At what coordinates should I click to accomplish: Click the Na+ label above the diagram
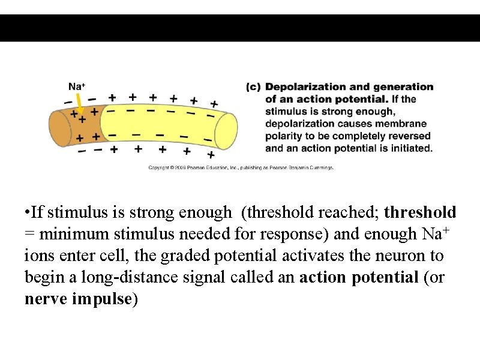click(76, 86)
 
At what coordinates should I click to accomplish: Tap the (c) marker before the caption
click(253, 87)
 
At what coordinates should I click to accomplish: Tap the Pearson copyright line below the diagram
click(241, 167)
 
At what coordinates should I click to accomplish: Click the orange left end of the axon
click(62, 127)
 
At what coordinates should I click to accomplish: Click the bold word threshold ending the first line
click(420, 212)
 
